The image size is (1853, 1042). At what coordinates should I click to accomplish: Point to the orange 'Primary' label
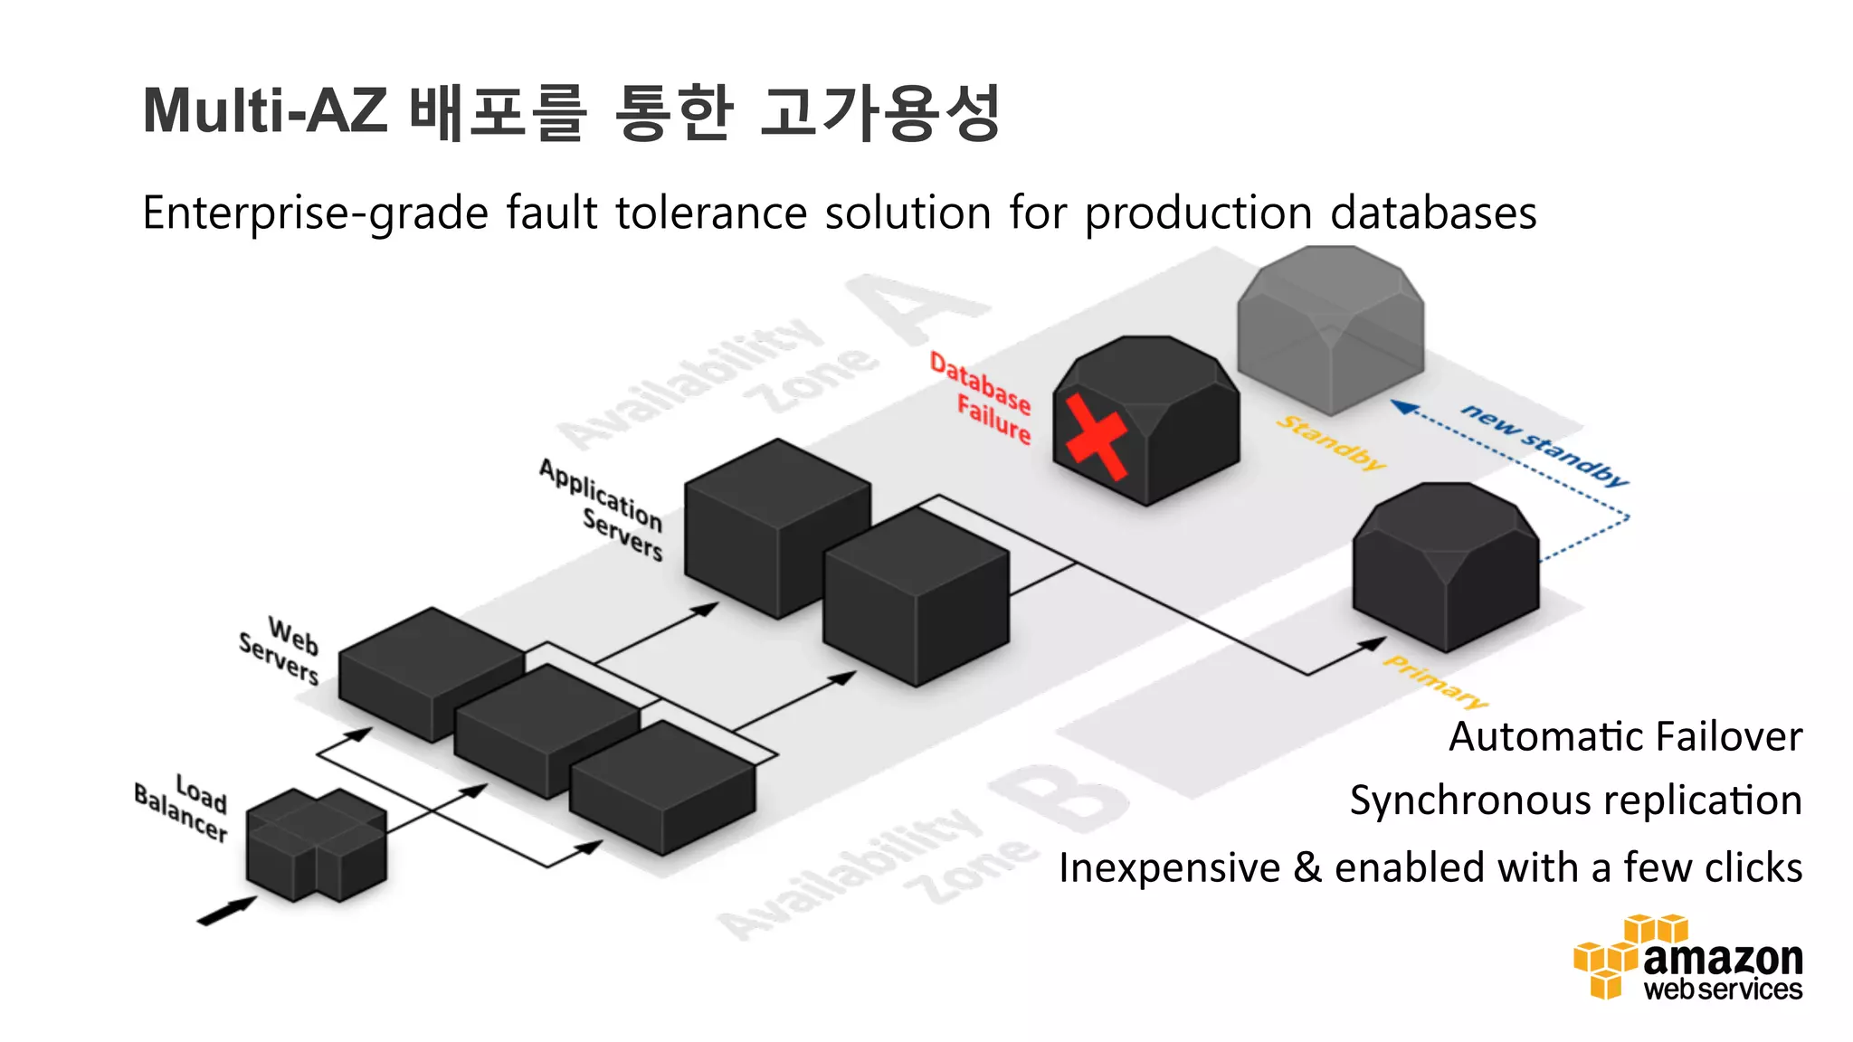point(1436,681)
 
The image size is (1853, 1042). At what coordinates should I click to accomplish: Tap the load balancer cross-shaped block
point(316,846)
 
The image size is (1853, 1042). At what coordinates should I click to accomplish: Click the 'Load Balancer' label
point(183,807)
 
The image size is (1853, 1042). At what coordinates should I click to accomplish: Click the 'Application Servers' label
point(603,509)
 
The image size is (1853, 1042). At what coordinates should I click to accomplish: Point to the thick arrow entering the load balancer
point(226,910)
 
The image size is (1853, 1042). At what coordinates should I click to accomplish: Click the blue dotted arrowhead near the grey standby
point(1403,407)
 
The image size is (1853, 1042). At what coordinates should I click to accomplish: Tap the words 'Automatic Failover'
point(1625,736)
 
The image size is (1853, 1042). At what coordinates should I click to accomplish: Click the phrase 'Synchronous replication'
point(1575,800)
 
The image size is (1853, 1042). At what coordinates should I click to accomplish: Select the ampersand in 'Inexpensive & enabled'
point(1307,867)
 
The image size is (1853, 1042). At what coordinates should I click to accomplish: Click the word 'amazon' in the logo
point(1723,958)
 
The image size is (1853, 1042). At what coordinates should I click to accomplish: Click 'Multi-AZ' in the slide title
point(265,112)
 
